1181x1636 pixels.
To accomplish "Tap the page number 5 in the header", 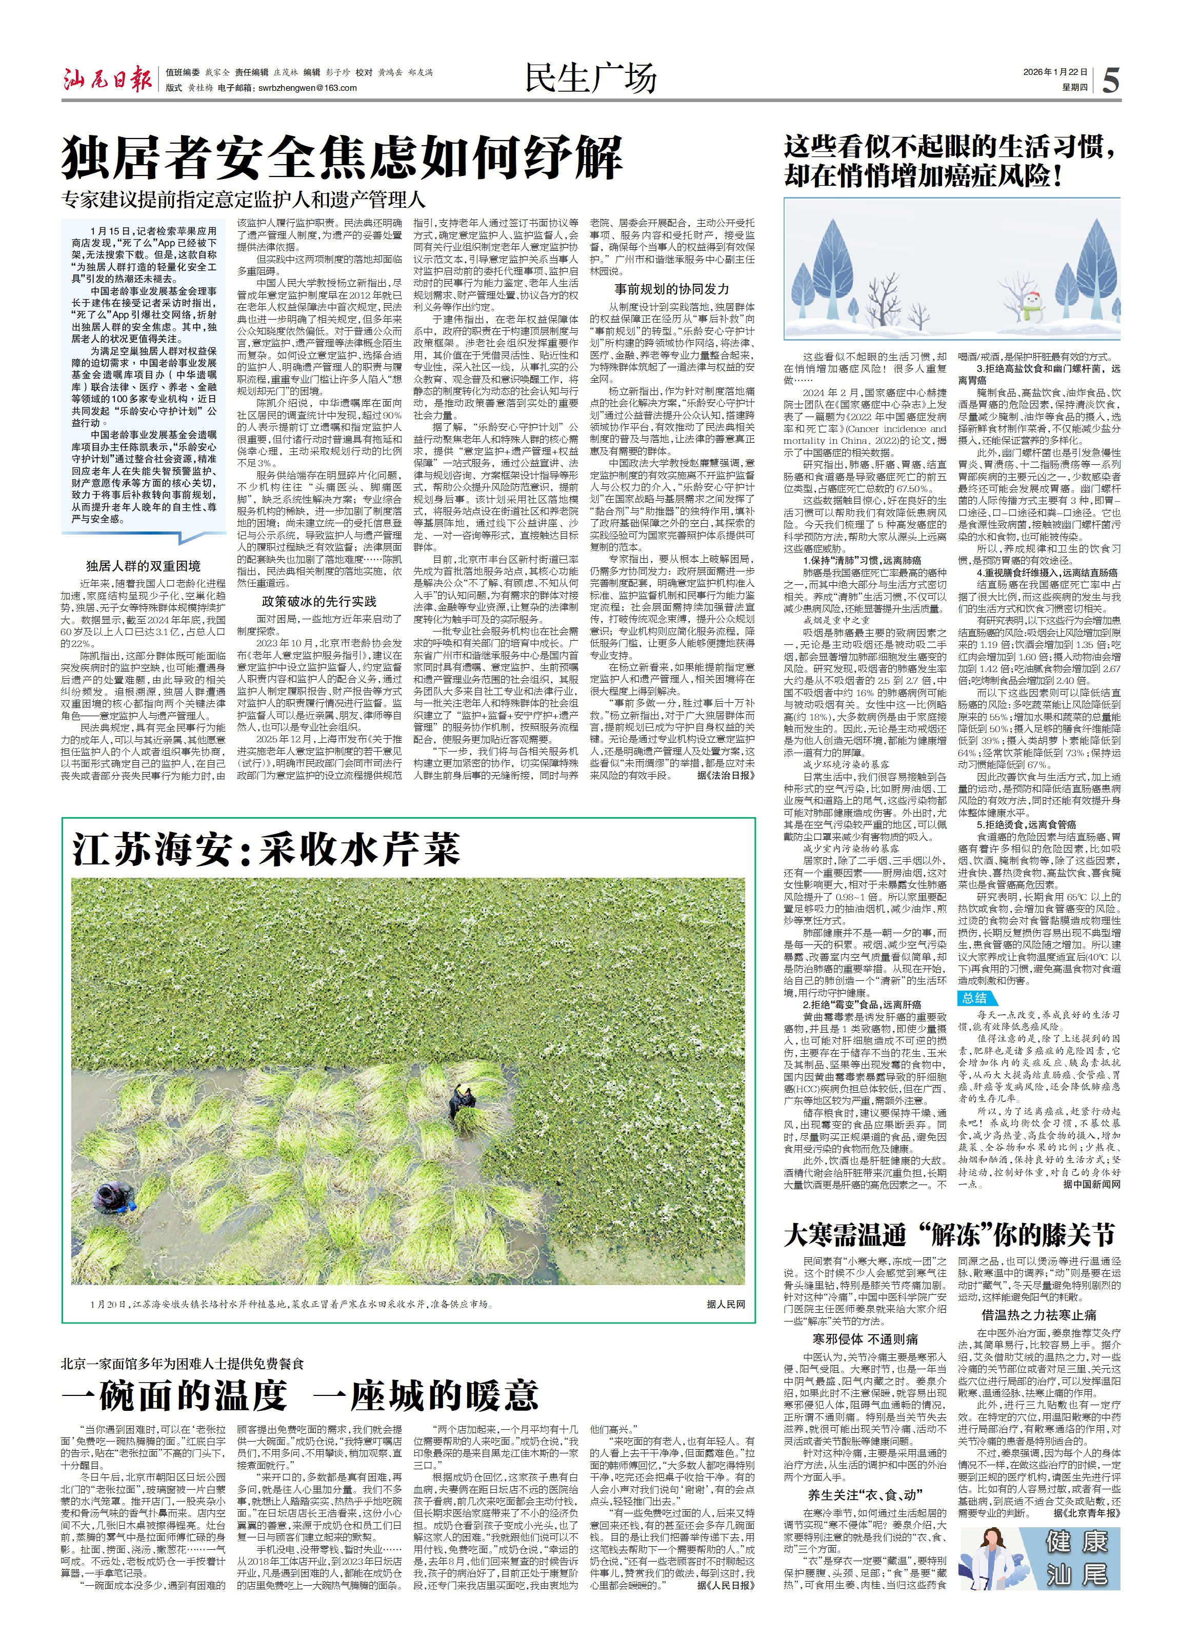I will pos(1110,80).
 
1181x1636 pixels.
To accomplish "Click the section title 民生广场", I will pos(590,78).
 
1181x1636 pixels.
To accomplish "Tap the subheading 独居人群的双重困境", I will pos(144,566).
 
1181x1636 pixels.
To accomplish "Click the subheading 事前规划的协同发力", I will pos(671,289).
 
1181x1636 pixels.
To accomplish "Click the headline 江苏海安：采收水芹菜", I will pos(266,850).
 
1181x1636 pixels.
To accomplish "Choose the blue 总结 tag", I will pos(975,998).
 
